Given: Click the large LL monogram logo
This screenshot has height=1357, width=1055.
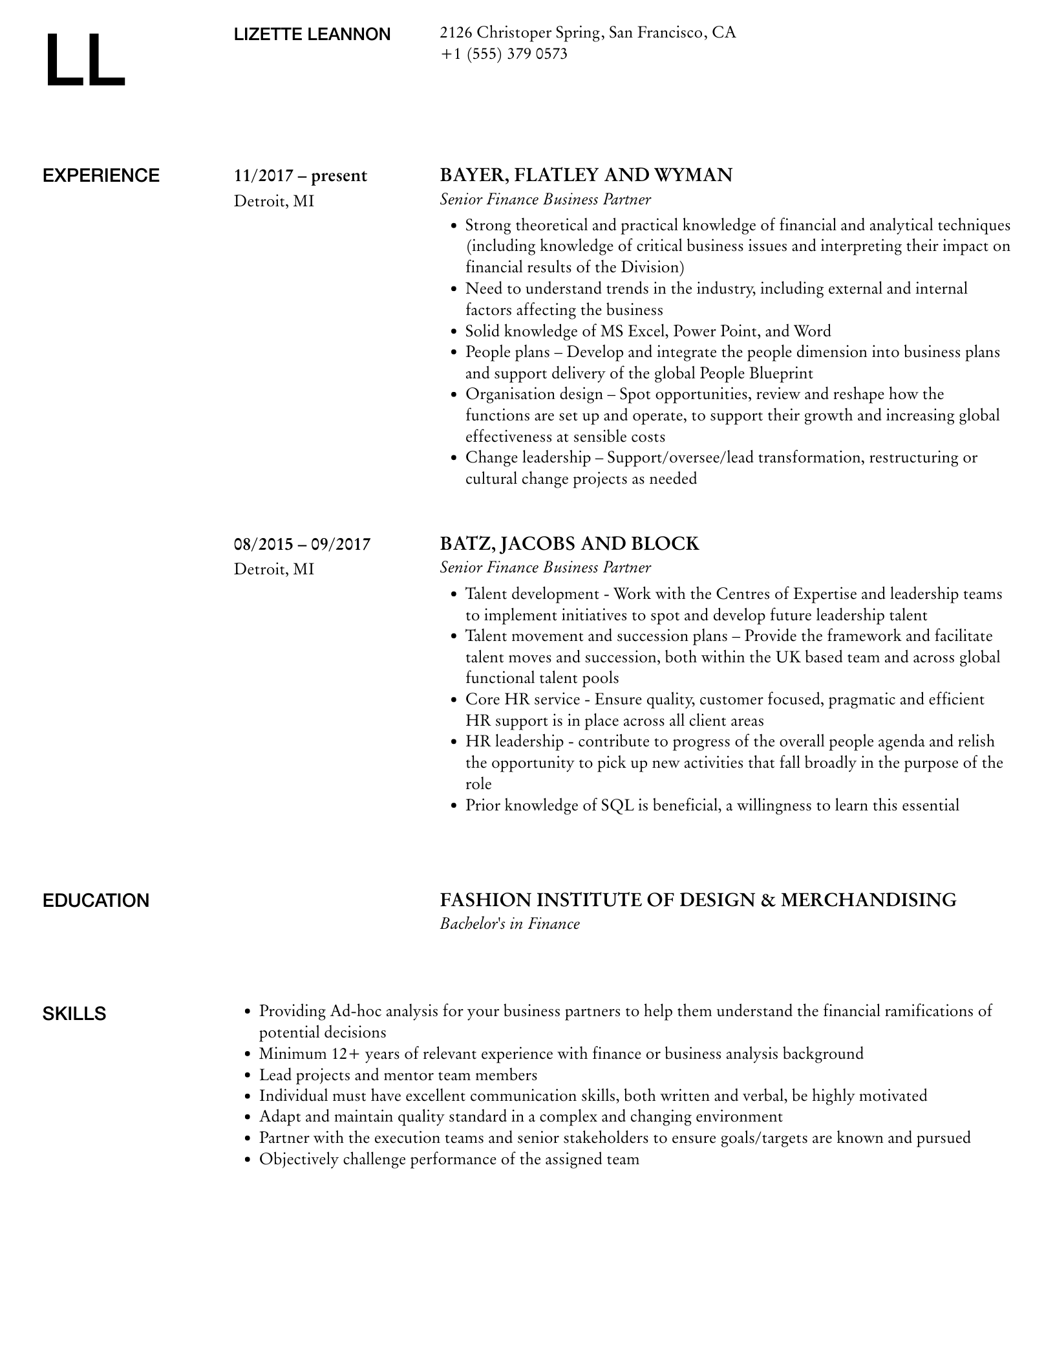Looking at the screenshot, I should tap(85, 60).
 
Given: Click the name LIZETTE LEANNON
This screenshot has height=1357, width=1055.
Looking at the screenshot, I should tap(312, 35).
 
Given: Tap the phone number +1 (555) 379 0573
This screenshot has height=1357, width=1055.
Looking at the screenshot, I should tap(504, 54).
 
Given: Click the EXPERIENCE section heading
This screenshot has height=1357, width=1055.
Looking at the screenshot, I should tap(101, 176).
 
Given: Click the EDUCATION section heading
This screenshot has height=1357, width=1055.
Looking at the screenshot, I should tap(96, 900).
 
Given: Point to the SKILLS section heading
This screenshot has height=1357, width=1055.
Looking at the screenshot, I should tap(74, 1014).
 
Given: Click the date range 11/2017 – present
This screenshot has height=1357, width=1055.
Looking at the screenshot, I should tap(301, 176).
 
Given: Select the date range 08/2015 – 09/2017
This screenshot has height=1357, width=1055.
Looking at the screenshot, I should tap(302, 544).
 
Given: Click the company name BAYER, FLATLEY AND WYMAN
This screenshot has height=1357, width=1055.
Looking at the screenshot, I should tap(586, 175).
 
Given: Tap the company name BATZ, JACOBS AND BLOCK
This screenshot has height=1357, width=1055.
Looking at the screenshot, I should tap(569, 543).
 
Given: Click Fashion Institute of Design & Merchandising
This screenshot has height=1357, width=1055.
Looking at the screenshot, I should tap(698, 900).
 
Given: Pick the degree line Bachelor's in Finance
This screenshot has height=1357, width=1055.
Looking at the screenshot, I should tap(509, 924).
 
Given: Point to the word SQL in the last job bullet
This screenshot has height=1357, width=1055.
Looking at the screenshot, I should tap(617, 805).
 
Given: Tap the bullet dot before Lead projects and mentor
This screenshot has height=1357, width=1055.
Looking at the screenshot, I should tap(247, 1076).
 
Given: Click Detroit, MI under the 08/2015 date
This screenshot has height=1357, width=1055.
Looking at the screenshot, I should tap(274, 569).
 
